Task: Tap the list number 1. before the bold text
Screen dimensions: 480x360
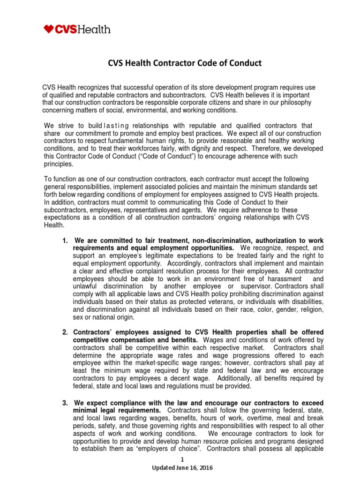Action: coord(66,240)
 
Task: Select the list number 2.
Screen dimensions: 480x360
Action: coord(66,332)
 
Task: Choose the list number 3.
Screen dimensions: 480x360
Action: coord(66,403)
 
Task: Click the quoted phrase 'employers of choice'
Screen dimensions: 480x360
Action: coord(173,450)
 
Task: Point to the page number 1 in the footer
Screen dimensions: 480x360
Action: coord(180,461)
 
